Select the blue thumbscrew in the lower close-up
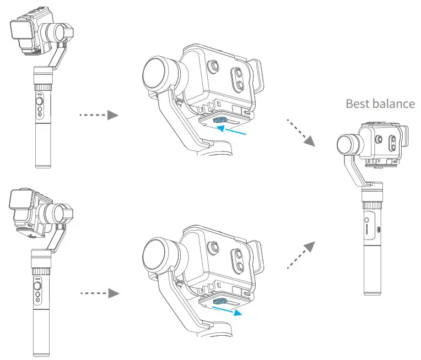tap(220, 301)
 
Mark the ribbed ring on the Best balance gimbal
tap(373, 195)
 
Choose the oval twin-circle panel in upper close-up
tap(238, 78)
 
